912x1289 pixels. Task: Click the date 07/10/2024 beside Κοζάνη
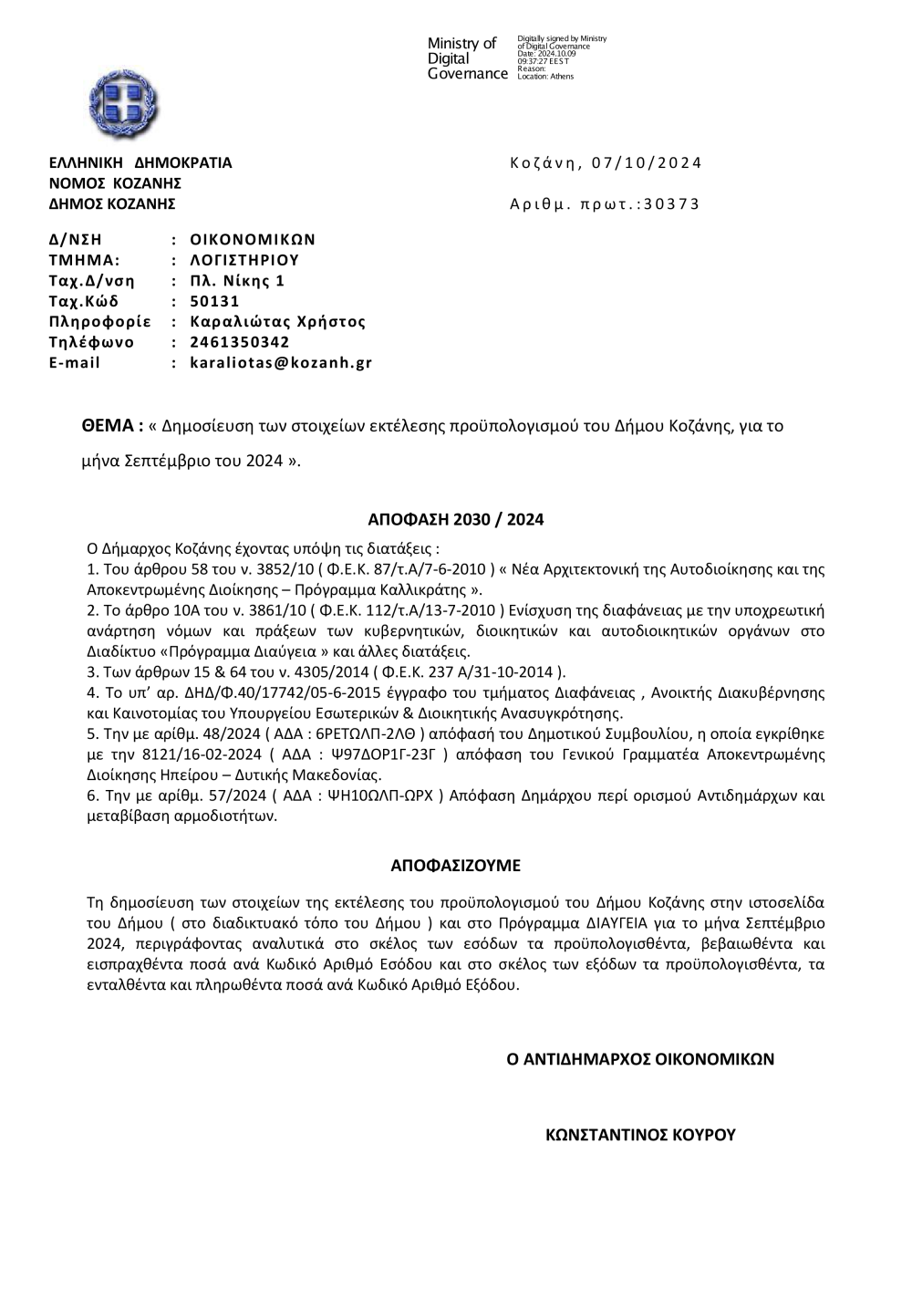click(x=647, y=163)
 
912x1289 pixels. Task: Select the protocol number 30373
click(x=671, y=203)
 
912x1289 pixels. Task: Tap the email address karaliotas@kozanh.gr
click(x=281, y=362)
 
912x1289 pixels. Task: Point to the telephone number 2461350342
click(x=240, y=342)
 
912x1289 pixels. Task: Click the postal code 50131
click(x=214, y=301)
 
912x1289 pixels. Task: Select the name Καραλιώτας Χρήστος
click(x=277, y=321)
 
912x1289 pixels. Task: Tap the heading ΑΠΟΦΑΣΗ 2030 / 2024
click(x=455, y=520)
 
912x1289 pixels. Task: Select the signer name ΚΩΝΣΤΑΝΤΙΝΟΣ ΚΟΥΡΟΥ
click(x=640, y=1135)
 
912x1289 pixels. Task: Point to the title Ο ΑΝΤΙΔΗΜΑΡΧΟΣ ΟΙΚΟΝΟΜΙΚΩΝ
click(x=640, y=1059)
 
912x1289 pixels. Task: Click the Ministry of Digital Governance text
click(x=466, y=58)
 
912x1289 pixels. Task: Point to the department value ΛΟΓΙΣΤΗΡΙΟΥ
click(x=244, y=260)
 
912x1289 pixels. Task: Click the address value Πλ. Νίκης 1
click(x=237, y=280)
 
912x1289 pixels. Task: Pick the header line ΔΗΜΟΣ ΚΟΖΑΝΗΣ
click(x=112, y=203)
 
